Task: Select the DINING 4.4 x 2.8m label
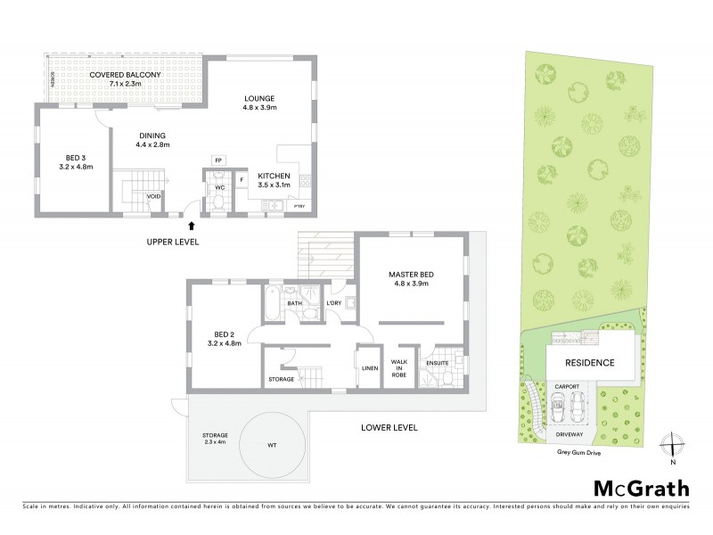(152, 138)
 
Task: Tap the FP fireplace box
(217, 160)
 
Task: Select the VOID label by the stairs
(152, 197)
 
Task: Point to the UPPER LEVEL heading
(173, 242)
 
